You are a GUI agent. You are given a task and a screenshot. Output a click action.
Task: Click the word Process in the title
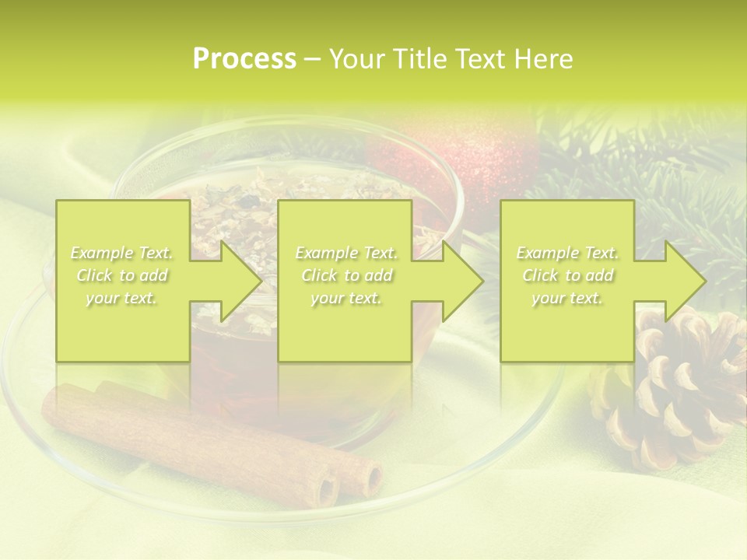tap(244, 59)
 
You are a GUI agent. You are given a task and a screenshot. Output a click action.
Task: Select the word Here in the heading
tap(542, 59)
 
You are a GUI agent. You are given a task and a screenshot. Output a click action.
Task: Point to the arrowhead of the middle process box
tap(461, 281)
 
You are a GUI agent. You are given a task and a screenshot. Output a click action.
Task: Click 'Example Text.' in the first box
tap(121, 253)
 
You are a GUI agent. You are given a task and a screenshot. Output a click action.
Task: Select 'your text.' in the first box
tap(121, 298)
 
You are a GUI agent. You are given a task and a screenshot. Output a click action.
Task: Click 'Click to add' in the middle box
tap(346, 275)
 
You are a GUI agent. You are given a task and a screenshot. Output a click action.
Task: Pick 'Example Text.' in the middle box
tap(346, 253)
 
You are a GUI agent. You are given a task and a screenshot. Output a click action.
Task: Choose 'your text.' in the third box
tap(567, 298)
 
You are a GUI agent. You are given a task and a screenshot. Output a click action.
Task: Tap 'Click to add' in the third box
tap(567, 275)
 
